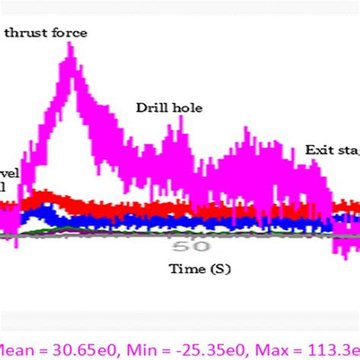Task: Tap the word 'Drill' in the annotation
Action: point(151,108)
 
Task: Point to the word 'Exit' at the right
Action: point(319,150)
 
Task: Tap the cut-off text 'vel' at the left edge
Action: point(9,172)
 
